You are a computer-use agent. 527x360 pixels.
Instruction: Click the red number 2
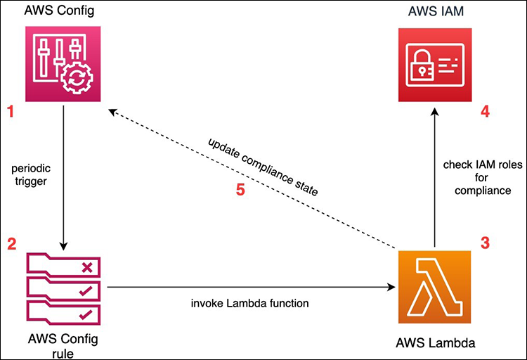point(11,245)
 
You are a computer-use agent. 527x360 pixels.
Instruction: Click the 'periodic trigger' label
point(32,176)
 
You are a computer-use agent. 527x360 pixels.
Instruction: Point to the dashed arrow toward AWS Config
point(253,179)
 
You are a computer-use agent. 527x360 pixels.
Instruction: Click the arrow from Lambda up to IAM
point(436,183)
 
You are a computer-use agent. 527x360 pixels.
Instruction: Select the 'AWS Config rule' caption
point(64,344)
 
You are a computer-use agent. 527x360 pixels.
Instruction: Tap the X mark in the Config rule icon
point(86,267)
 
